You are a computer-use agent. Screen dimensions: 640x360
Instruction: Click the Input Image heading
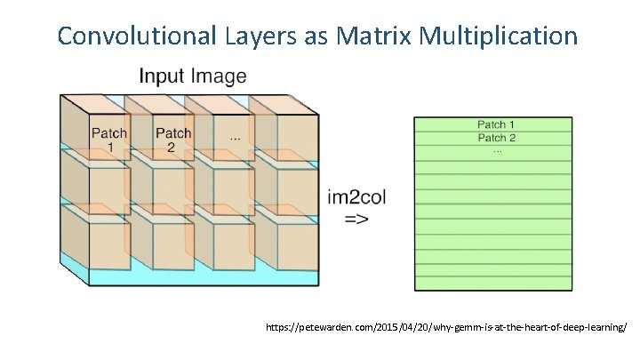[192, 76]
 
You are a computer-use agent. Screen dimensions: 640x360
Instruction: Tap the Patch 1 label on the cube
[109, 140]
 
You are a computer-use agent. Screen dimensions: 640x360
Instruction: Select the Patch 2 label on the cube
[172, 140]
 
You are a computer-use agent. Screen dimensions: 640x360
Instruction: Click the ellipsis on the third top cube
[234, 139]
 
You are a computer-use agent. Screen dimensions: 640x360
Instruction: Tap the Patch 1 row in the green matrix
[496, 124]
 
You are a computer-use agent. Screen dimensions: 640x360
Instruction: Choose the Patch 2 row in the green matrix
[496, 138]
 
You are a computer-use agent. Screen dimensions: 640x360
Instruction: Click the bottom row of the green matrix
[496, 284]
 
